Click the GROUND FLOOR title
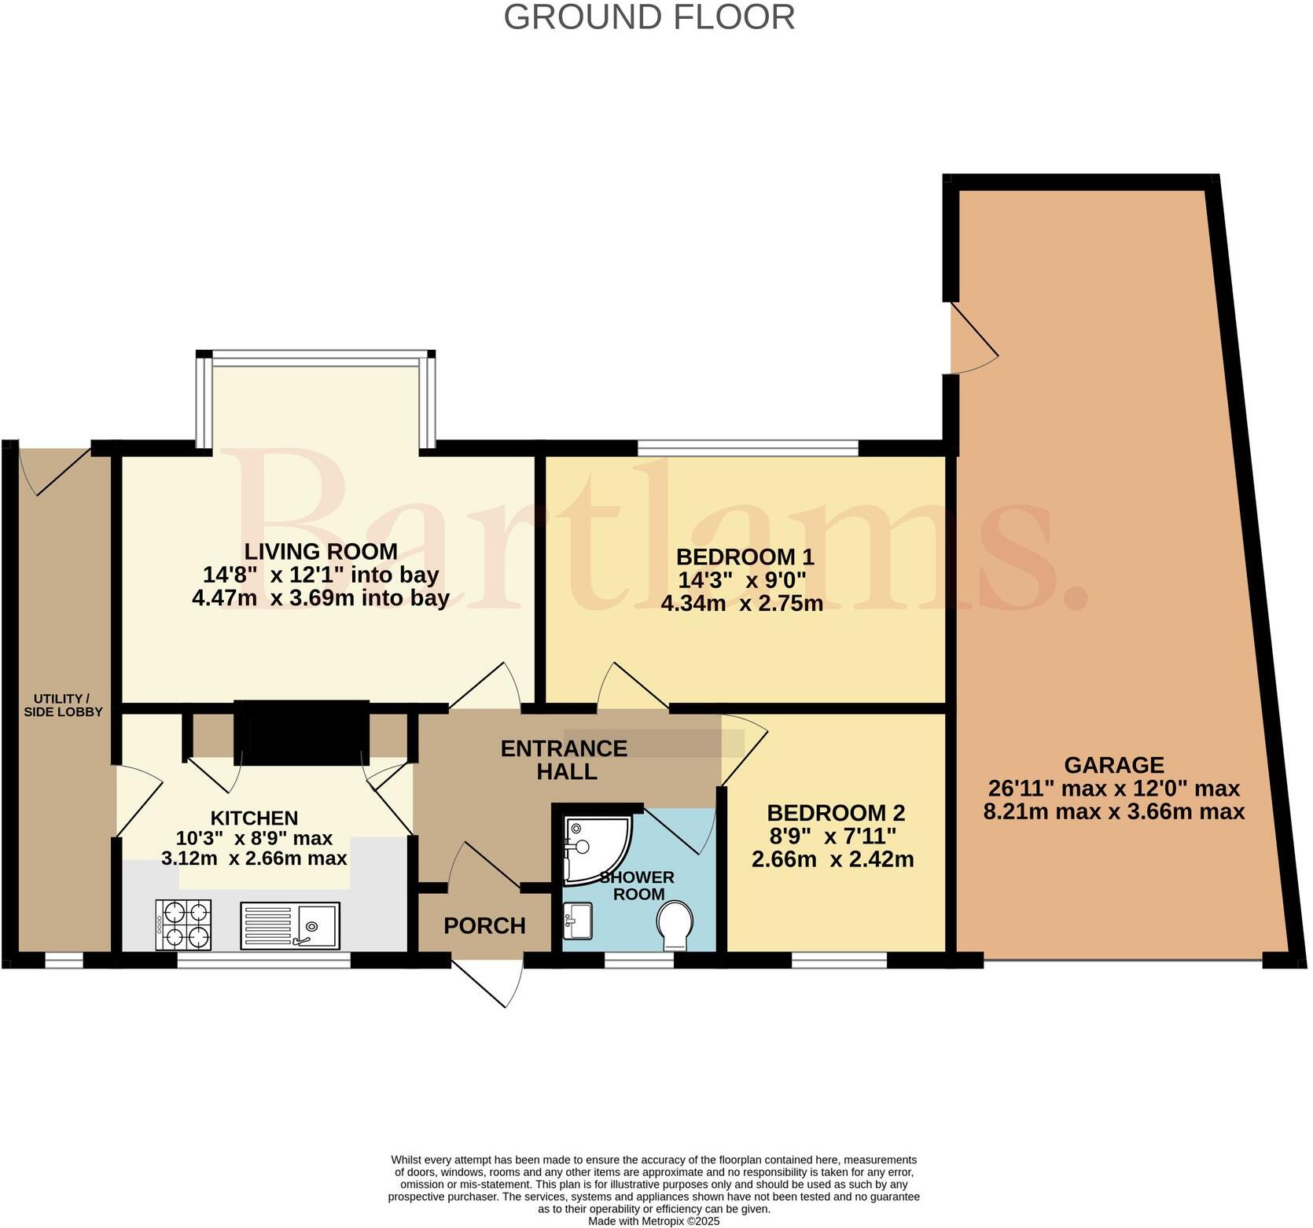pyautogui.click(x=649, y=17)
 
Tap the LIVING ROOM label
pyautogui.click(x=321, y=551)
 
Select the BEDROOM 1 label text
pyautogui.click(x=745, y=557)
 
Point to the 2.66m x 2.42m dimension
pyautogui.click(x=833, y=859)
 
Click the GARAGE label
pyautogui.click(x=1113, y=764)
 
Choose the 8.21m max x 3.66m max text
pyautogui.click(x=1113, y=811)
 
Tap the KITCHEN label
pyautogui.click(x=254, y=818)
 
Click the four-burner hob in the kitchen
pyautogui.click(x=185, y=926)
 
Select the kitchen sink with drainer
pyautogui.click(x=290, y=926)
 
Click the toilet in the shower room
pyautogui.click(x=675, y=923)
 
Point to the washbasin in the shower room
pyautogui.click(x=578, y=919)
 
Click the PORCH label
pyautogui.click(x=484, y=926)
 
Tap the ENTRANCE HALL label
pyautogui.click(x=565, y=759)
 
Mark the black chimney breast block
pyautogui.click(x=301, y=732)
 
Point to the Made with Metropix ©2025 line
pyautogui.click(x=653, y=1221)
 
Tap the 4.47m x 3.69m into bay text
pyautogui.click(x=321, y=598)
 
